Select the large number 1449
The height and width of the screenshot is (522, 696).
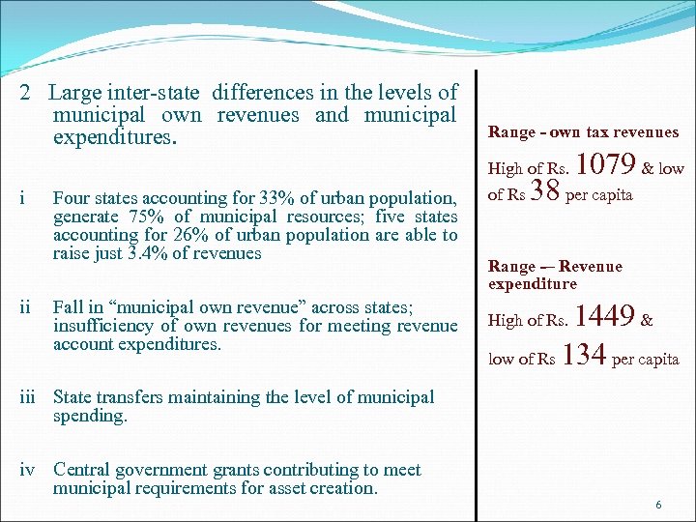(x=604, y=315)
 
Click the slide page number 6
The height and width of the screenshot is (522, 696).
(x=658, y=506)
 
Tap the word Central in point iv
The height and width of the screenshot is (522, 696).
(x=84, y=470)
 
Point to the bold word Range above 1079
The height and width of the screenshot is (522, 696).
(x=511, y=132)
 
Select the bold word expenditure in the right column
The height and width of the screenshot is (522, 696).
(x=533, y=283)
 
